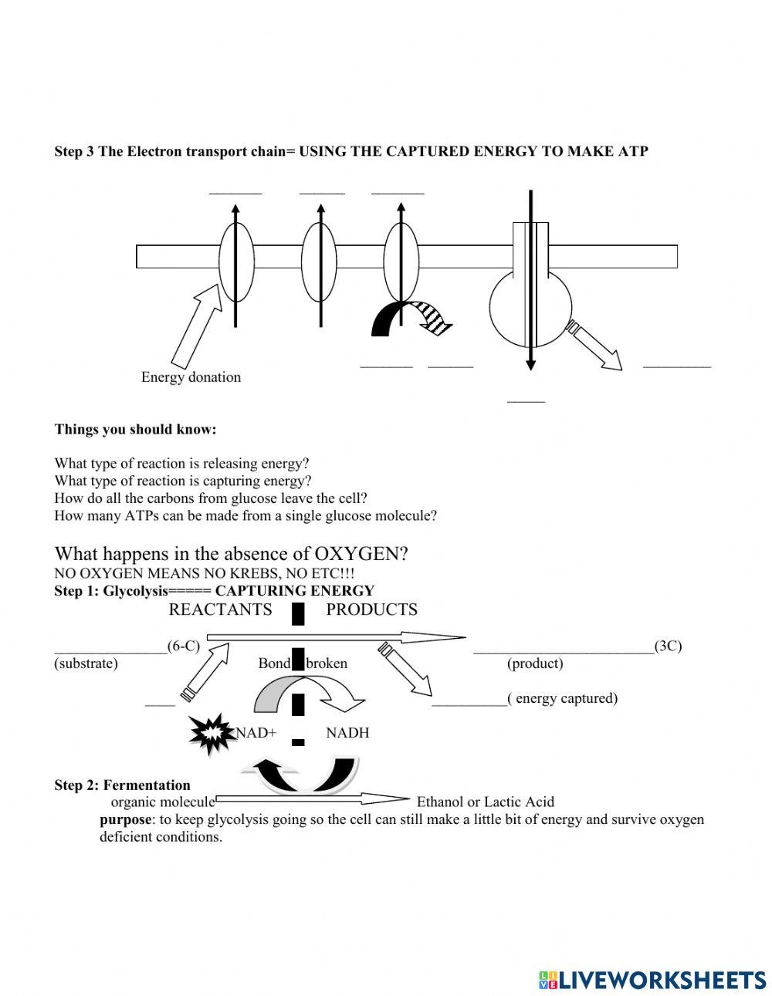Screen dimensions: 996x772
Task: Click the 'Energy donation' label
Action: point(191,377)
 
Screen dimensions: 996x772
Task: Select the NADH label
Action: point(347,733)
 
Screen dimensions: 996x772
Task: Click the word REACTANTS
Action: point(220,609)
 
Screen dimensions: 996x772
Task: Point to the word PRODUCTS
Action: point(371,609)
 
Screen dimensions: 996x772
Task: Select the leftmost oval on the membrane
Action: point(236,263)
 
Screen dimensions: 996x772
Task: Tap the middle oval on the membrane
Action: point(319,263)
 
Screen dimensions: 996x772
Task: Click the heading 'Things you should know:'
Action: point(135,429)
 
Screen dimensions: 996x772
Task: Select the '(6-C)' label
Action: point(184,646)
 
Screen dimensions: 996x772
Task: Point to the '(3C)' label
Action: point(668,646)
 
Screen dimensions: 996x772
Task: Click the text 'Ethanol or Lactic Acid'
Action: point(485,802)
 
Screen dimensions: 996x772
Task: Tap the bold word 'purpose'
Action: point(125,819)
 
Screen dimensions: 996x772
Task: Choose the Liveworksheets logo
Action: point(652,980)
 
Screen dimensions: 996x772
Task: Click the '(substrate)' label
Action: point(86,663)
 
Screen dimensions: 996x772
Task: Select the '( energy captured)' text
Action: point(563,698)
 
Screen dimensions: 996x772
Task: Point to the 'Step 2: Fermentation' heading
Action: point(122,785)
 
